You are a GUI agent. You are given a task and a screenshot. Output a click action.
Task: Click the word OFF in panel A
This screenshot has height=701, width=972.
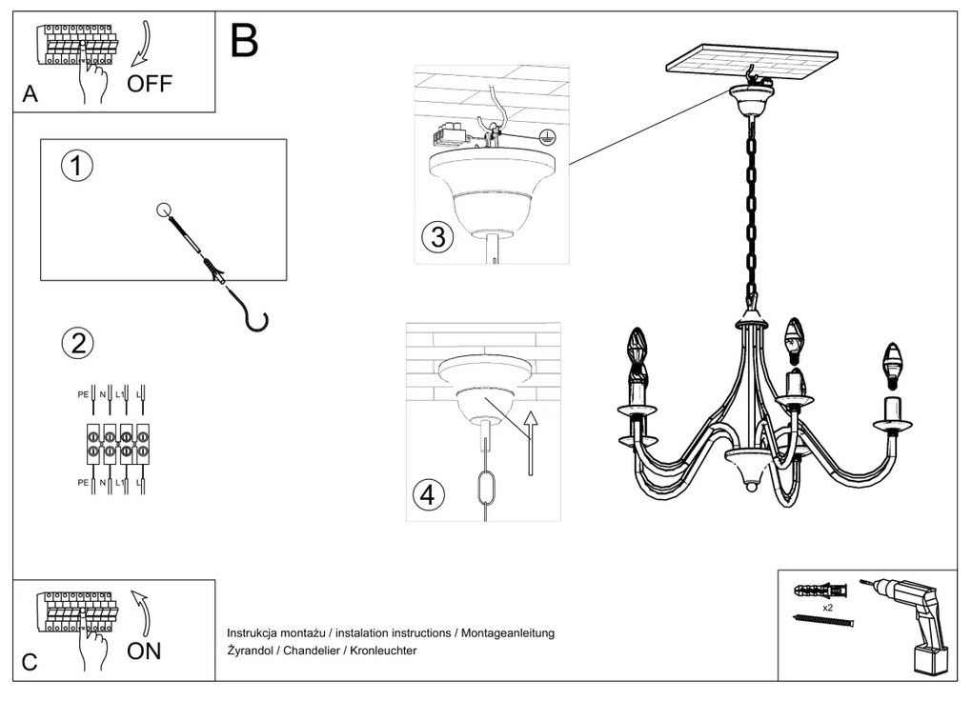pyautogui.click(x=151, y=84)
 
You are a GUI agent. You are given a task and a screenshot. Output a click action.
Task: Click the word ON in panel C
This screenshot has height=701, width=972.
pyautogui.click(x=145, y=651)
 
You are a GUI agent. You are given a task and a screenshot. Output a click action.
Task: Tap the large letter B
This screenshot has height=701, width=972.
pyautogui.click(x=244, y=41)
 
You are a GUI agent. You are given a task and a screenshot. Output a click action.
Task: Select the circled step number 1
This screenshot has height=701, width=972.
pyautogui.click(x=76, y=166)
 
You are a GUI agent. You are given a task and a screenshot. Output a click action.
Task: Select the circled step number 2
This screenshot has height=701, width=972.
pyautogui.click(x=77, y=344)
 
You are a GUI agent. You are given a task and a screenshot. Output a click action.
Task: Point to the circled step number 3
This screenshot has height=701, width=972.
pyautogui.click(x=437, y=237)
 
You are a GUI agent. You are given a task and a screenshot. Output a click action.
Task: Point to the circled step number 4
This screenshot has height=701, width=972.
pyautogui.click(x=429, y=495)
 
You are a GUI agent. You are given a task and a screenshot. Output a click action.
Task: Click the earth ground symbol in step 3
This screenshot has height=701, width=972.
pyautogui.click(x=546, y=136)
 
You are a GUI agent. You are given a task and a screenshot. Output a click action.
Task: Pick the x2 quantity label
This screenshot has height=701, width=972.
pyautogui.click(x=828, y=607)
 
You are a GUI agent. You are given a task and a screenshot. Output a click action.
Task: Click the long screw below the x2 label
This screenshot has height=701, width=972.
pyautogui.click(x=823, y=621)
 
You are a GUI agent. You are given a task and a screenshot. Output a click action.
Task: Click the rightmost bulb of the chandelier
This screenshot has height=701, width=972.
pyautogui.click(x=892, y=366)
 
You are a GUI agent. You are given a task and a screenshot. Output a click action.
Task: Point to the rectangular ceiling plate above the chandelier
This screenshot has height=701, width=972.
pyautogui.click(x=752, y=62)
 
